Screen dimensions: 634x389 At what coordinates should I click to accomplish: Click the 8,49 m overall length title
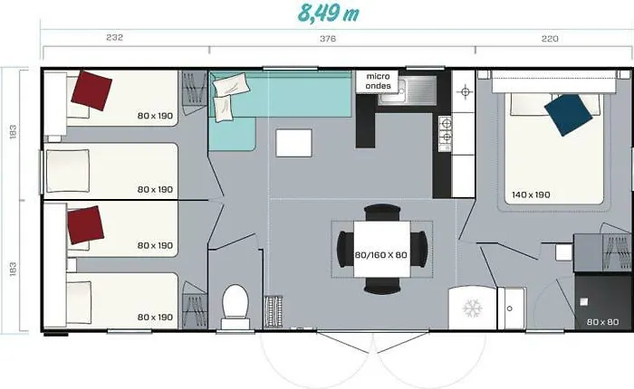click(328, 14)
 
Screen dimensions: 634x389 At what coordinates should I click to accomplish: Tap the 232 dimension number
click(114, 37)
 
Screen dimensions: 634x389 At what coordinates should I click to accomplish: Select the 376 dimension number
click(328, 38)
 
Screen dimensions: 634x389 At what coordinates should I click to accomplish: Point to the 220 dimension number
click(550, 38)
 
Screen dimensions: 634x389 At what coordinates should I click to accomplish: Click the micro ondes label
click(378, 81)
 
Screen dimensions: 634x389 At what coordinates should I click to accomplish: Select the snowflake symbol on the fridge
click(472, 308)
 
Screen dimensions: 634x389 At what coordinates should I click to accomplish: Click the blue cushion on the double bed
click(568, 115)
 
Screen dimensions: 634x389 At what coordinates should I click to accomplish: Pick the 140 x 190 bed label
click(531, 194)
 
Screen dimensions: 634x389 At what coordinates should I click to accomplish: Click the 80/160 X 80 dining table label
click(381, 255)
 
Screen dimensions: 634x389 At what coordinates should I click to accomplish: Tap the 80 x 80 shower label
click(602, 322)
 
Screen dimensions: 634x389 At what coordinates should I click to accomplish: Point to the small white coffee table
click(294, 143)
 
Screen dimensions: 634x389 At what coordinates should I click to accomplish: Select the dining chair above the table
click(382, 212)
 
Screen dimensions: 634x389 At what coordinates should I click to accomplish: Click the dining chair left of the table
click(345, 249)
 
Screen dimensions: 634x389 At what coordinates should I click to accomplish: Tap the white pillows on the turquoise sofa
click(229, 96)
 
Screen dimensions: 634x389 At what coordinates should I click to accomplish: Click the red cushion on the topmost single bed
click(91, 90)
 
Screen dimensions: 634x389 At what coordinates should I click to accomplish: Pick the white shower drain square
click(583, 302)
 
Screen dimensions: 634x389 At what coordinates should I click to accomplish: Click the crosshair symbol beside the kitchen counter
click(465, 91)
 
